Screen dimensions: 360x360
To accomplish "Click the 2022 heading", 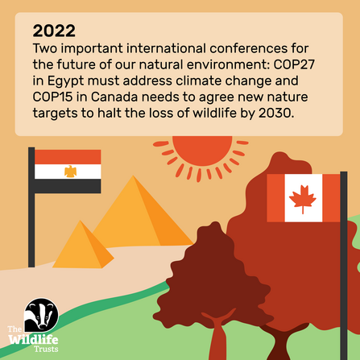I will pos(54,31).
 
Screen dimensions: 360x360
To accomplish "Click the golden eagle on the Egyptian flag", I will pos(69,171).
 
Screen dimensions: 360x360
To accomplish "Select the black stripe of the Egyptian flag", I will pos(69,184).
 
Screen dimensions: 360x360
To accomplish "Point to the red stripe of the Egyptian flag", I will pos(69,157).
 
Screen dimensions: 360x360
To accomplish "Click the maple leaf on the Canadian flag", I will pos(304,197).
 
